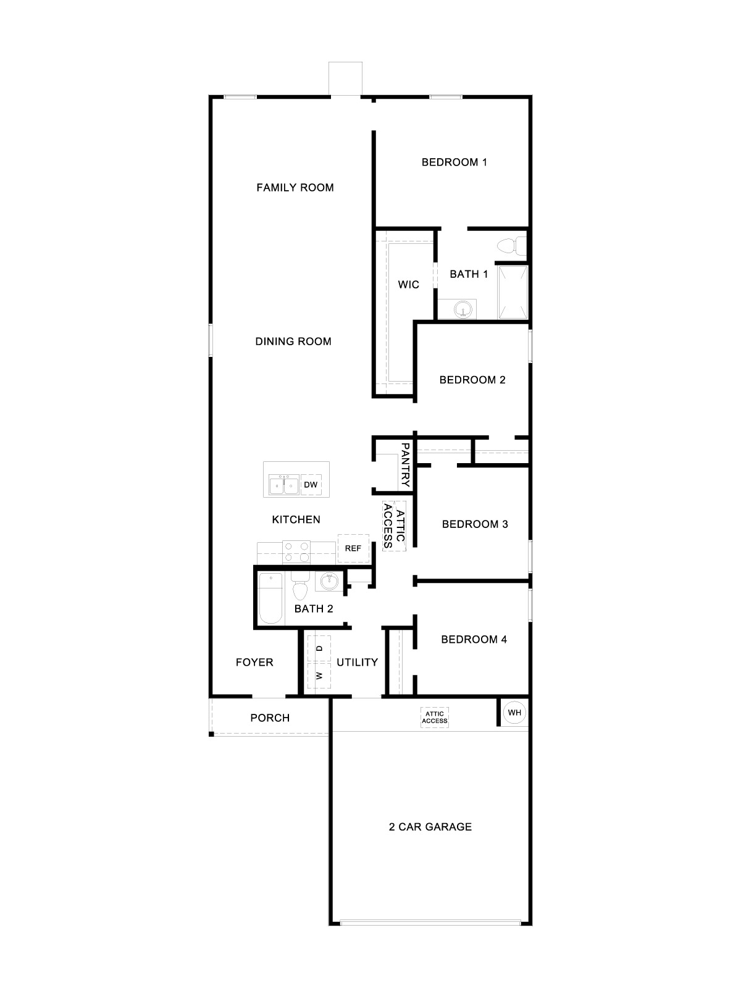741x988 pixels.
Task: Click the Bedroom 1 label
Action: coord(454,162)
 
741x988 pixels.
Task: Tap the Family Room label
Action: coord(295,188)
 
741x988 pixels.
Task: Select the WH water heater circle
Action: coord(514,713)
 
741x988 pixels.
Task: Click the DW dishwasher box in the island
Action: coord(311,485)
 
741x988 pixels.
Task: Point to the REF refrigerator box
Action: coord(353,548)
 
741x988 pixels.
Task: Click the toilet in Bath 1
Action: coord(510,246)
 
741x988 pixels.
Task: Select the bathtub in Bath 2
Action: coord(270,598)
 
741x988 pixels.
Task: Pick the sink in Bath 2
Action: coord(329,581)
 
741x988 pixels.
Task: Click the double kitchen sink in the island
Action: coord(283,485)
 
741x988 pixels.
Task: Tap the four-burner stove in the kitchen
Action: coord(296,551)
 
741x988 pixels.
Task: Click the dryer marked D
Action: coord(319,648)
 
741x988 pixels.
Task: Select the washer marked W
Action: coord(319,676)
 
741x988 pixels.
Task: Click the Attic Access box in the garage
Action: coord(435,718)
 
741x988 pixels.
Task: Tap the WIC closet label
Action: coord(408,285)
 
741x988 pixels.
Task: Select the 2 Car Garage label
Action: coord(430,827)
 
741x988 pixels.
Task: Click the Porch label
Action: coord(270,718)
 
